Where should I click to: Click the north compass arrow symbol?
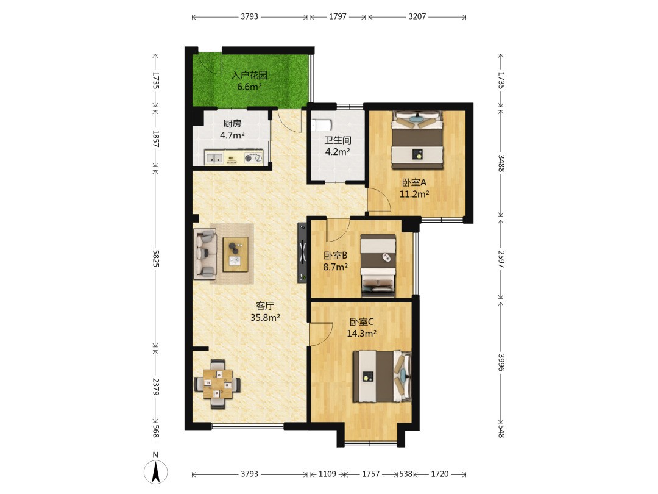pyautogui.click(x=156, y=472)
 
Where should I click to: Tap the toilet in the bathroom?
pyautogui.click(x=321, y=125)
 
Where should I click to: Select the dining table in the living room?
pyautogui.click(x=217, y=384)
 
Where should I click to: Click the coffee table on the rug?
pyautogui.click(x=235, y=254)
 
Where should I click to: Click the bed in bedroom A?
pyautogui.click(x=417, y=140)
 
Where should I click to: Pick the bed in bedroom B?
pyautogui.click(x=378, y=265)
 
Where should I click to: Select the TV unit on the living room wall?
pyautogui.click(x=303, y=252)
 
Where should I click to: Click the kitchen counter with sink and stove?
pyautogui.click(x=234, y=157)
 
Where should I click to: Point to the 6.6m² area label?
pyautogui.click(x=249, y=87)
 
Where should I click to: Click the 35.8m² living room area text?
pyautogui.click(x=265, y=318)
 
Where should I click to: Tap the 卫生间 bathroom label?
pyautogui.click(x=338, y=140)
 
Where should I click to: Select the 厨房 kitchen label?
pyautogui.click(x=233, y=123)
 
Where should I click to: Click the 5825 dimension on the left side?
pyautogui.click(x=156, y=259)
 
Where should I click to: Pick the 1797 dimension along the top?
pyautogui.click(x=338, y=16)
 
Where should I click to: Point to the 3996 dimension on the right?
pyautogui.click(x=501, y=362)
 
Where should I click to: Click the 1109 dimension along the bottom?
pyautogui.click(x=327, y=474)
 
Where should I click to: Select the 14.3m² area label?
pyautogui.click(x=361, y=334)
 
